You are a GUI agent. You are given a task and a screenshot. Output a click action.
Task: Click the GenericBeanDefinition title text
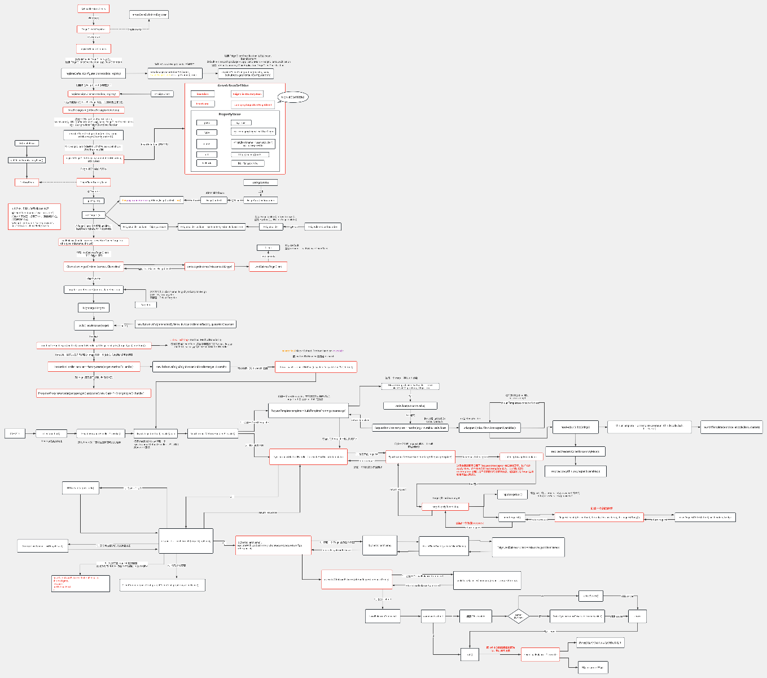tap(233, 85)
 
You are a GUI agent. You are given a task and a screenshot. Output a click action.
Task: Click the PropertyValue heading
tap(233, 114)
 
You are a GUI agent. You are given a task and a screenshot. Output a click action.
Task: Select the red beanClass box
tap(202, 94)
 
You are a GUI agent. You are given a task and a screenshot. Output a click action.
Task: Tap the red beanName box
tap(202, 104)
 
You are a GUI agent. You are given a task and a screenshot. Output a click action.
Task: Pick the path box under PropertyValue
tap(207, 123)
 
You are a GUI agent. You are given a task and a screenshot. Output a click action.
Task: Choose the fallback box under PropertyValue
tap(207, 163)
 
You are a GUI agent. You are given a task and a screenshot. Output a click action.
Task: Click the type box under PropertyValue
tap(207, 132)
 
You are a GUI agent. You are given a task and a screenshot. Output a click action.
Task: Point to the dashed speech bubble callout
tap(293, 97)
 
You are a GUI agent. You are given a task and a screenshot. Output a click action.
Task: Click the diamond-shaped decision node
tap(518, 616)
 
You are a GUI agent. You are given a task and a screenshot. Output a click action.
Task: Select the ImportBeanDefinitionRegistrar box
tap(149, 14)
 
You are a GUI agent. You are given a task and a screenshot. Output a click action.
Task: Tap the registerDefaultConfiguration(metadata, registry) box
tap(93, 73)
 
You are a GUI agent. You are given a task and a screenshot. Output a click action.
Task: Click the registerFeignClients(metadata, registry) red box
tap(93, 94)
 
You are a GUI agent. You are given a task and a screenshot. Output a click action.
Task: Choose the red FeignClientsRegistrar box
tap(93, 29)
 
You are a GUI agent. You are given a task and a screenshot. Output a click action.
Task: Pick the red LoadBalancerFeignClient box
tap(268, 267)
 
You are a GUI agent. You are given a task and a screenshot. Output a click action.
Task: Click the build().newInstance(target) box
tap(94, 325)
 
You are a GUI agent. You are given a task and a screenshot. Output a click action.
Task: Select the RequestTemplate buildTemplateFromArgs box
tap(308, 410)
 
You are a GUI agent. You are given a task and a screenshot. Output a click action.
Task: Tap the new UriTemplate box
tap(731, 427)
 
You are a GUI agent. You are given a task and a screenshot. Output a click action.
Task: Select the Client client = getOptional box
tap(93, 266)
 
